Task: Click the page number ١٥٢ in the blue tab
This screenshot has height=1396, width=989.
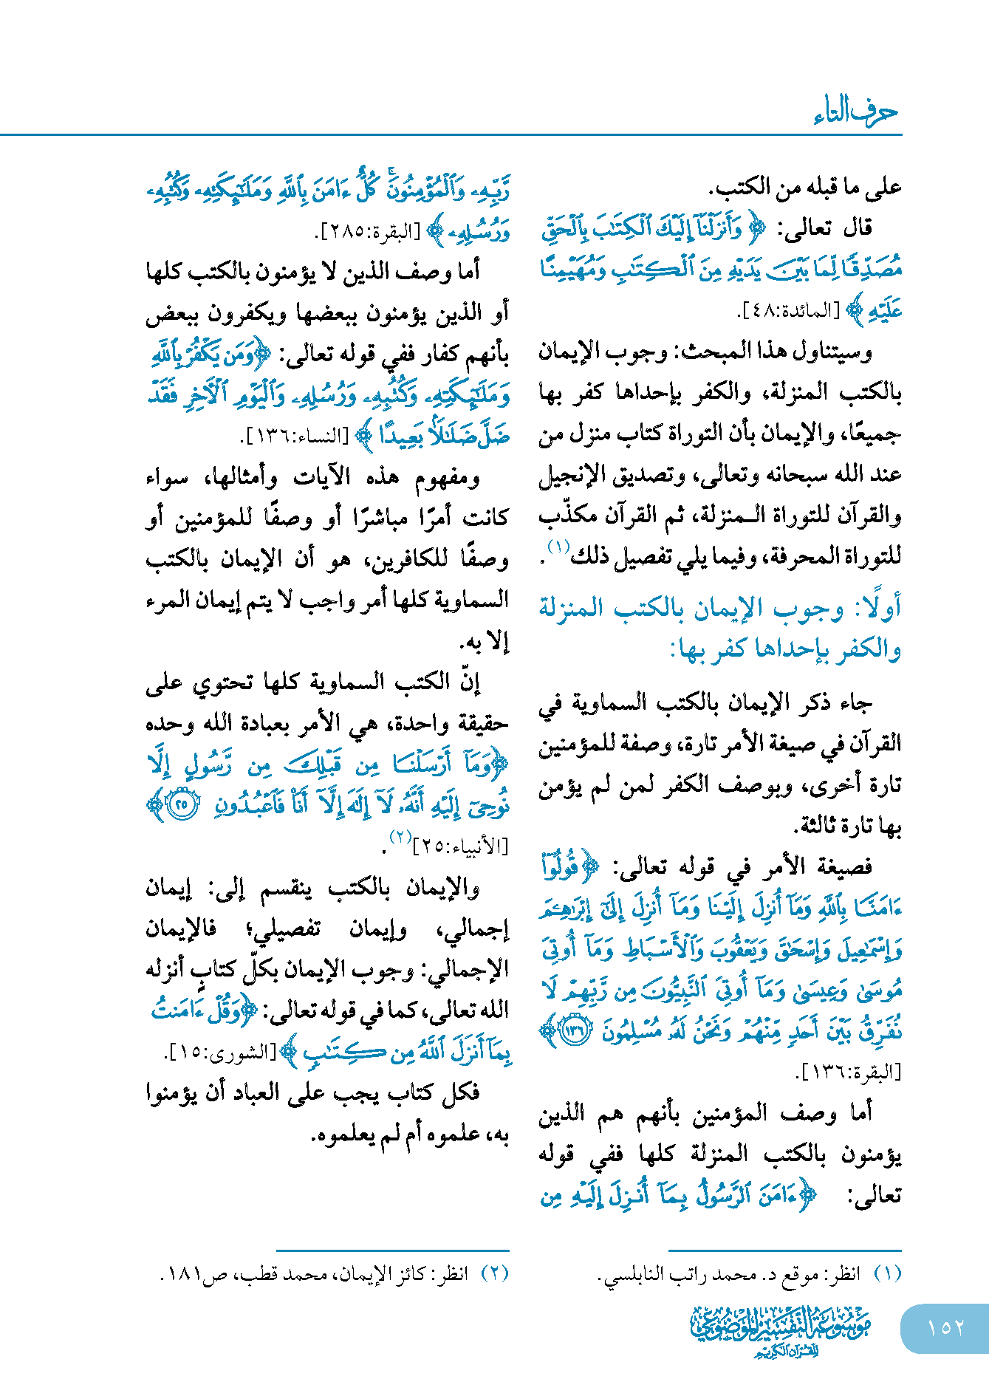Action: [x=945, y=1327]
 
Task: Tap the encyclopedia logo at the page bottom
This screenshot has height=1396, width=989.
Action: [x=780, y=1330]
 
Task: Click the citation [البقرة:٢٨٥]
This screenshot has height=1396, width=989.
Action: [x=366, y=231]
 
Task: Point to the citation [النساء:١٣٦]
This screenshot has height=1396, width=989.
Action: [x=295, y=436]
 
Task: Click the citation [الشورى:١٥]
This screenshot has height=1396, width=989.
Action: [x=221, y=1053]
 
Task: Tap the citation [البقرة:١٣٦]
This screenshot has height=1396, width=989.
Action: [x=851, y=1072]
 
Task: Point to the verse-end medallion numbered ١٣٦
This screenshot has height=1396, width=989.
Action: [x=574, y=1031]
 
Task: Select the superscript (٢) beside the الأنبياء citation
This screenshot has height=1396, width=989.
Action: [x=400, y=838]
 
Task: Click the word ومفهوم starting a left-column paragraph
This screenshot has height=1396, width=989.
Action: [x=447, y=478]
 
